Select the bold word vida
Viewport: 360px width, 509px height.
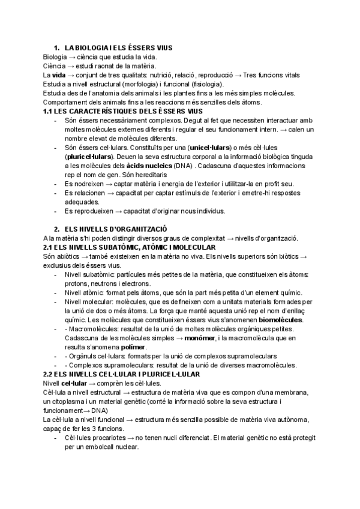click(x=59, y=75)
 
